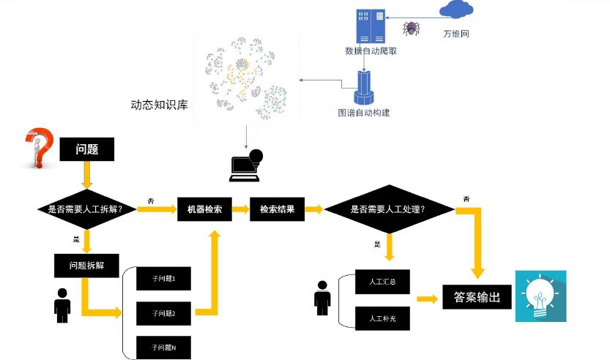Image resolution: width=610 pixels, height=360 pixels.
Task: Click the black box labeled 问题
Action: click(86, 149)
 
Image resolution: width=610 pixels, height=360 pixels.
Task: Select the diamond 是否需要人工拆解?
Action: click(86, 209)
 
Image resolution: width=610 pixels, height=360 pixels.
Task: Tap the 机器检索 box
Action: click(204, 209)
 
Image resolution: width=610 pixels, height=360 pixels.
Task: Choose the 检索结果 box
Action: click(277, 209)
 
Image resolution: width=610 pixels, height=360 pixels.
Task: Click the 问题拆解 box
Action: click(86, 266)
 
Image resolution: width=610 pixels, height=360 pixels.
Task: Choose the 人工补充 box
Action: click(379, 318)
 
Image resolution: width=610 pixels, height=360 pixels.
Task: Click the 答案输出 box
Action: click(477, 298)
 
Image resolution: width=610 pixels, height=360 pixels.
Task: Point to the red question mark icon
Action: click(37, 149)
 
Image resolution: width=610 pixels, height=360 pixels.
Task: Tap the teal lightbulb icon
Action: click(540, 296)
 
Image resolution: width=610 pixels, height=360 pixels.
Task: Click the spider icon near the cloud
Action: click(411, 29)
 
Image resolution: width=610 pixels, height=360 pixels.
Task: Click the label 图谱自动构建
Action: click(364, 113)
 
